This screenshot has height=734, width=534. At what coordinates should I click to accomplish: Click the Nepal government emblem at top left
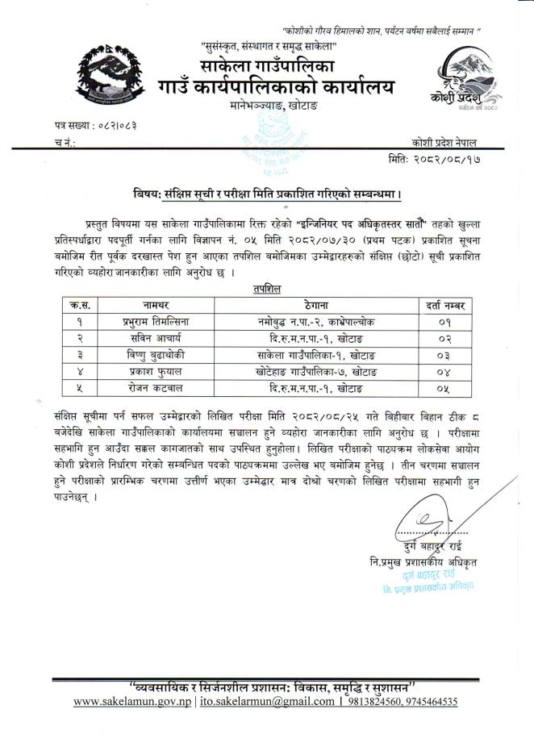click(x=112, y=77)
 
